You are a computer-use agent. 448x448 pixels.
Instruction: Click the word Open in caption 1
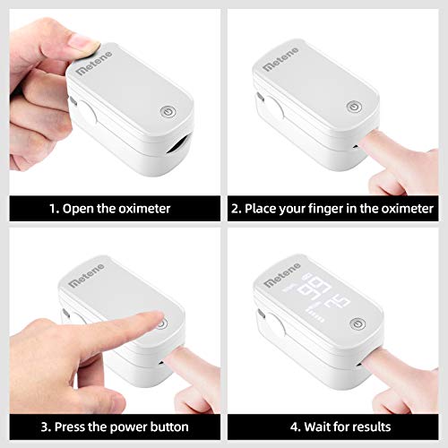tap(79, 208)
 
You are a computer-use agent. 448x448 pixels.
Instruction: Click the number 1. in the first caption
tap(55, 208)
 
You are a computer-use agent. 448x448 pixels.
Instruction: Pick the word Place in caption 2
tap(261, 208)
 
